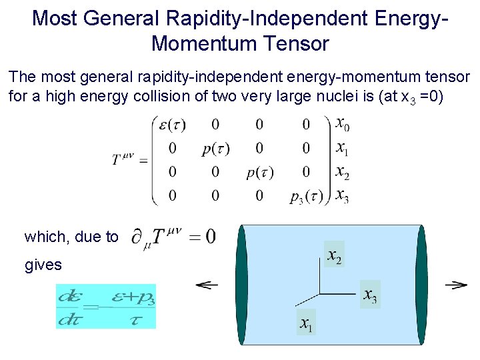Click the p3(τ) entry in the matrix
pyautogui.click(x=306, y=196)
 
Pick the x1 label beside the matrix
pyautogui.click(x=341, y=147)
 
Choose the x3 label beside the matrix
pyautogui.click(x=341, y=196)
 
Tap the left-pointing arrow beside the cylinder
pyautogui.click(x=207, y=285)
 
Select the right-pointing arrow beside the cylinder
pyautogui.click(x=455, y=285)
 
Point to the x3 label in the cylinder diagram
pyautogui.click(x=370, y=295)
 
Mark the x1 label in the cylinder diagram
pyautogui.click(x=306, y=325)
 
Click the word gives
pyautogui.click(x=43, y=265)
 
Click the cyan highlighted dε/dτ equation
pyautogui.click(x=106, y=307)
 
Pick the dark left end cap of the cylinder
pyautogui.click(x=241, y=285)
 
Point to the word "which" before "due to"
pyautogui.click(x=43, y=237)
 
